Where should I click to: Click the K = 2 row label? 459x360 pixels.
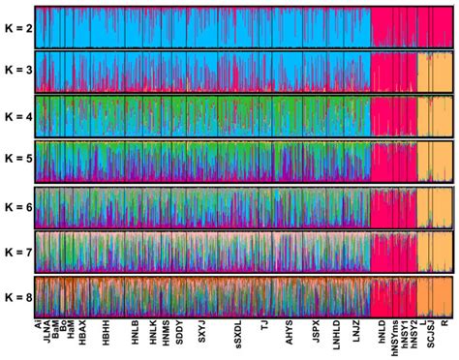18,28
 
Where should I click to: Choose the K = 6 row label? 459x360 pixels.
18,207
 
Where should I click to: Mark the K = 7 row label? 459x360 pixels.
18,252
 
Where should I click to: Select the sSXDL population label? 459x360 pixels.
237,334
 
